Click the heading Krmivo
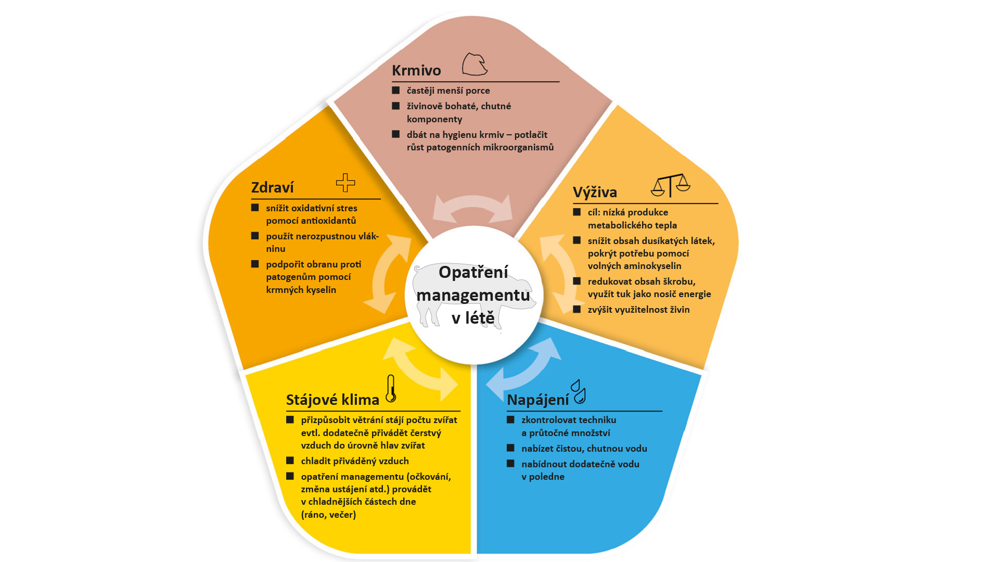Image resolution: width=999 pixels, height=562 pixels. [x=416, y=70]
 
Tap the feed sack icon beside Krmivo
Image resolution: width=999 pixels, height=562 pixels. [x=475, y=65]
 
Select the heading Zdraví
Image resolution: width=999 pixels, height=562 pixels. [x=272, y=187]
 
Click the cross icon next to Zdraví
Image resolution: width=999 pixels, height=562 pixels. [x=345, y=183]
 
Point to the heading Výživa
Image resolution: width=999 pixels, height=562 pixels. [x=595, y=192]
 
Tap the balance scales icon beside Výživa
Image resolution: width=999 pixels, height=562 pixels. [x=671, y=185]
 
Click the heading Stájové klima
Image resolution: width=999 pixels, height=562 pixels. [x=332, y=400]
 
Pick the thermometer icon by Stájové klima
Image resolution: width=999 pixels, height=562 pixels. [x=391, y=389]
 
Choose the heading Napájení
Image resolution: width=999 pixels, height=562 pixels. [x=537, y=400]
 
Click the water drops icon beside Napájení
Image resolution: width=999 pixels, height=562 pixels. [x=579, y=391]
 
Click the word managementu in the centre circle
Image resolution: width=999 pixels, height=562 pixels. [x=473, y=295]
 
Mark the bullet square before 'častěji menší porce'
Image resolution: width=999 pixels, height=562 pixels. [x=396, y=90]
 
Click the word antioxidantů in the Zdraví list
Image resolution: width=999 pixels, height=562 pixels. [x=326, y=221]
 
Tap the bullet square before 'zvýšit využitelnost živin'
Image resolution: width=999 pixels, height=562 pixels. [x=577, y=309]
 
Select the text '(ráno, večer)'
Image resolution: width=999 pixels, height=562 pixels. [x=328, y=515]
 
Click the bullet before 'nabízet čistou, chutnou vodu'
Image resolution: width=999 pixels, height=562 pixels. [x=510, y=448]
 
